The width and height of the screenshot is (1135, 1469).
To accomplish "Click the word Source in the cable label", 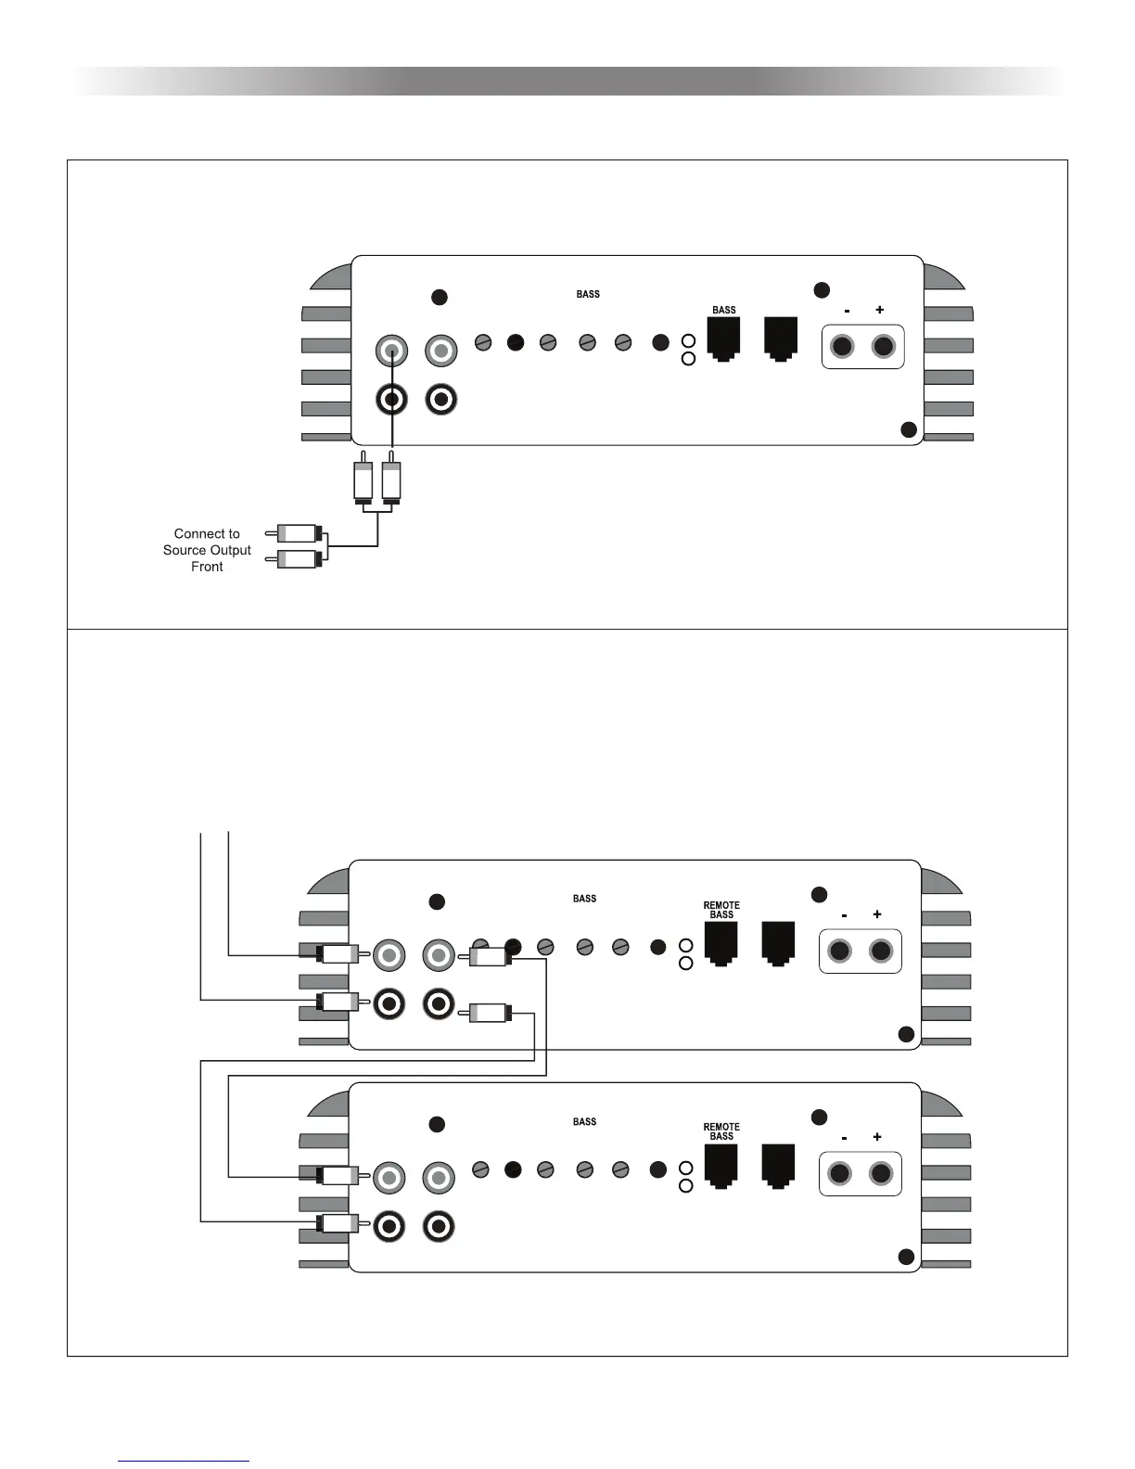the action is (184, 550).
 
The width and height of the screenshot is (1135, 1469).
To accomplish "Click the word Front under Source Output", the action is (207, 567).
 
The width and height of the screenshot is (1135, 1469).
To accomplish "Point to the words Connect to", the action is (207, 533).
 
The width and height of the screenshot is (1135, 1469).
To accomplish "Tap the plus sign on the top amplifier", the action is (879, 310).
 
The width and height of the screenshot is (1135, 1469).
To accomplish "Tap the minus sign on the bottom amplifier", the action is (844, 1137).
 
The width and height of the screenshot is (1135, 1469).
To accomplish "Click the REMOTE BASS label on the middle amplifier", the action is (721, 910).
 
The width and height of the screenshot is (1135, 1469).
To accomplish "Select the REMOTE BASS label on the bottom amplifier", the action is (721, 1131).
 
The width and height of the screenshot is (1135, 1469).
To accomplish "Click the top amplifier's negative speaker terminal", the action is (842, 347).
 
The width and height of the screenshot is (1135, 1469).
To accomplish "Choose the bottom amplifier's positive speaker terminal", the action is (881, 1174).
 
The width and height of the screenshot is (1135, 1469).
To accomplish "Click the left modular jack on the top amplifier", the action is (723, 338).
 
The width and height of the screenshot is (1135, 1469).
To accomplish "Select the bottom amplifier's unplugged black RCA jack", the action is (439, 1227).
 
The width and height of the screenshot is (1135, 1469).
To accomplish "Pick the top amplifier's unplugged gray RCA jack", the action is (440, 351).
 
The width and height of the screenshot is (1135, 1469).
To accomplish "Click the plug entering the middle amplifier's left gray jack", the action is (338, 954).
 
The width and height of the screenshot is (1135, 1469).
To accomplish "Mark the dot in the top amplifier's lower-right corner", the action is (909, 429).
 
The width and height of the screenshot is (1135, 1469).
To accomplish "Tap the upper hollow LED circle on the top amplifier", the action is (688, 342).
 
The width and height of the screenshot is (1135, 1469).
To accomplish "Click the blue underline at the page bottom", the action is (184, 1462).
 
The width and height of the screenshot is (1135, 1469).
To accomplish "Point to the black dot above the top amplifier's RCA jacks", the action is (440, 297).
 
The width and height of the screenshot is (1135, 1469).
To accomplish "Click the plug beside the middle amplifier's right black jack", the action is (489, 1014).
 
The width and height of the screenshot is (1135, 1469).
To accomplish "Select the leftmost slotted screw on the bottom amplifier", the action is (480, 1169).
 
